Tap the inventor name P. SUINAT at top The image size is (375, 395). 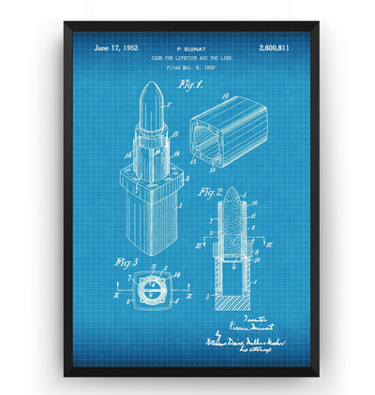click(193, 46)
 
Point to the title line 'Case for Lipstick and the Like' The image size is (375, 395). click(192, 57)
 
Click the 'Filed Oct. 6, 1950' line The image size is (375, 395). click(192, 68)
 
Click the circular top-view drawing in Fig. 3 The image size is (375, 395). click(148, 297)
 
